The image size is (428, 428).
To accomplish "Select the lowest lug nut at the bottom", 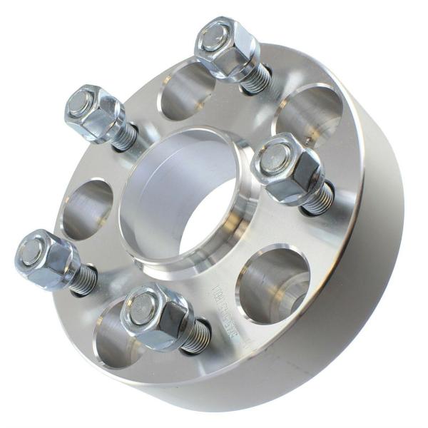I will click(155, 315).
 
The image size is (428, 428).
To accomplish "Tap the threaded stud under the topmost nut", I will click(258, 79).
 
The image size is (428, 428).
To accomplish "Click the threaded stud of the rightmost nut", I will click(318, 198).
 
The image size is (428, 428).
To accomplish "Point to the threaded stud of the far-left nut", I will click(83, 280).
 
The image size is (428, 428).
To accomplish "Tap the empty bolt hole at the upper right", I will click(310, 114).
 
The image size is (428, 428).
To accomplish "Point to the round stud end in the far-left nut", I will click(31, 252).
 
